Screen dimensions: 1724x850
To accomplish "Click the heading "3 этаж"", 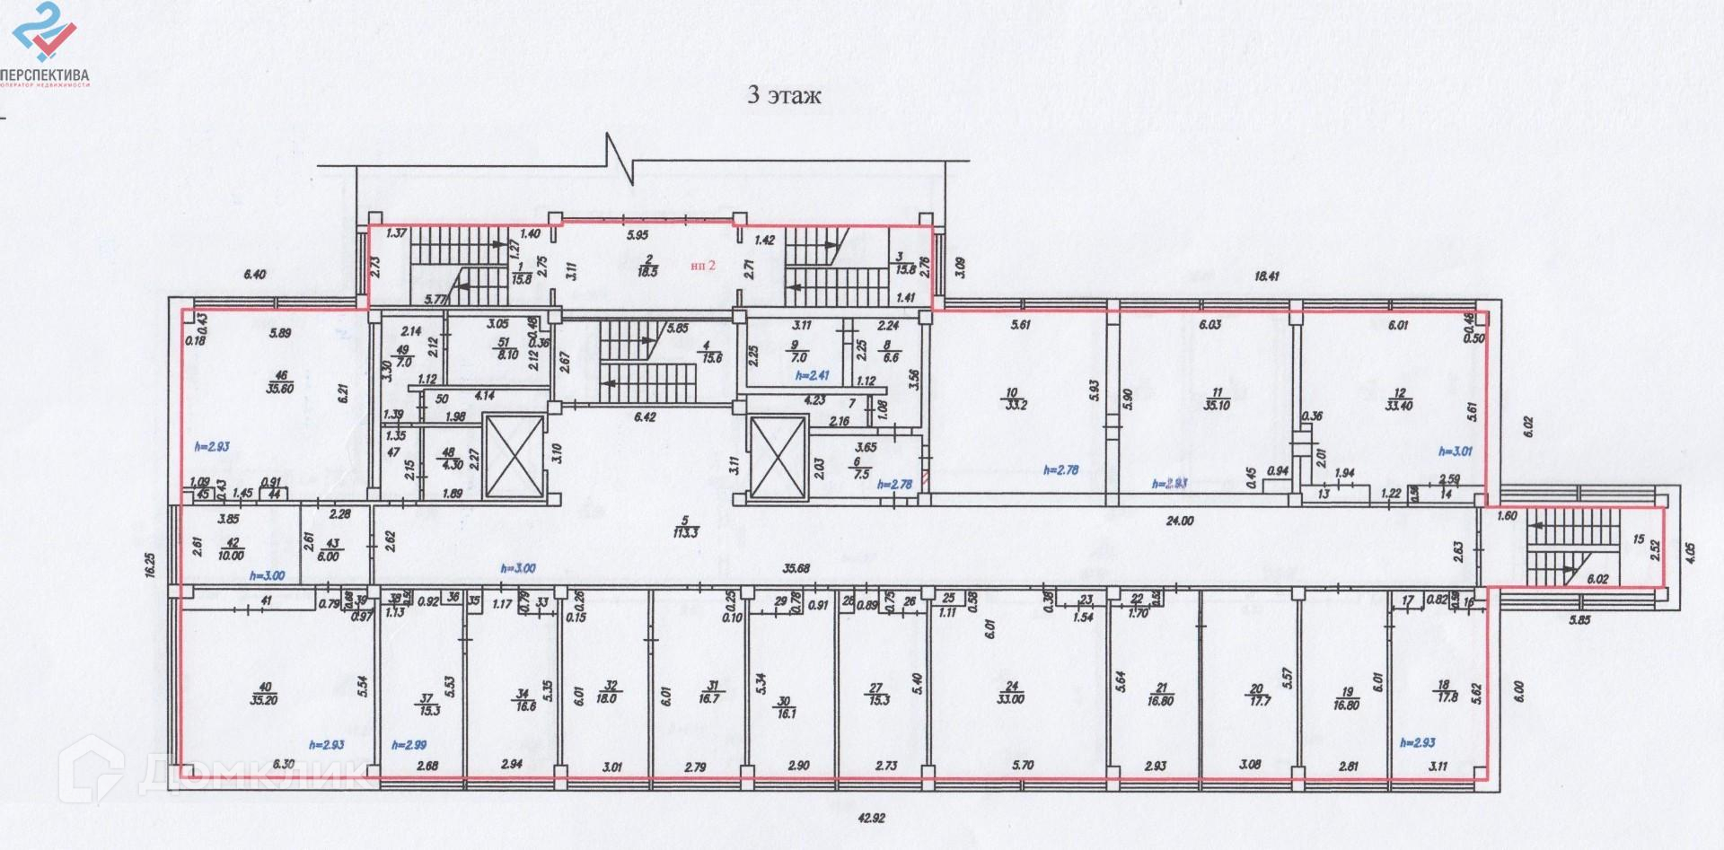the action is click(784, 96).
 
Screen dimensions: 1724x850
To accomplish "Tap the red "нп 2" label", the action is click(702, 265).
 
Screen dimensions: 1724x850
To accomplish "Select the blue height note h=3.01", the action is click(1456, 451).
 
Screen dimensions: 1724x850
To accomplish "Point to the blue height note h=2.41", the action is click(814, 376).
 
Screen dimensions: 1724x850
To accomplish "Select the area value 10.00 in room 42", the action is click(231, 556).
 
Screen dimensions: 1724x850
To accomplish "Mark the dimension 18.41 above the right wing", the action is click(1266, 276).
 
